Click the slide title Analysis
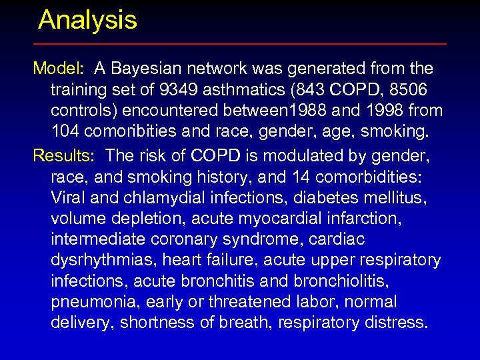point(87,20)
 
